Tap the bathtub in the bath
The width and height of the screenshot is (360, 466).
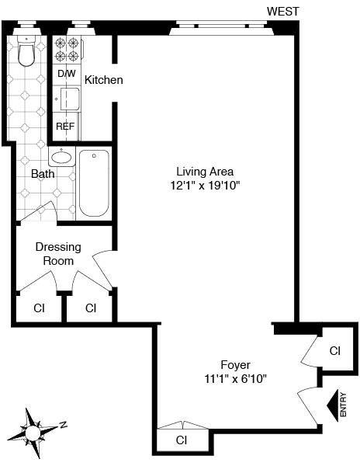pyautogui.click(x=94, y=183)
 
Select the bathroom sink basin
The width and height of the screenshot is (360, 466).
pyautogui.click(x=61, y=157)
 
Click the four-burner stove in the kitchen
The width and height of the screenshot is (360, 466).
pyautogui.click(x=67, y=50)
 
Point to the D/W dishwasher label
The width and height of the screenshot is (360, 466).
pyautogui.click(x=67, y=74)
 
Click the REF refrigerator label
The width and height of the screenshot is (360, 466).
pyautogui.click(x=65, y=127)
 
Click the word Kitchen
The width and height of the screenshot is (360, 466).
pyautogui.click(x=104, y=80)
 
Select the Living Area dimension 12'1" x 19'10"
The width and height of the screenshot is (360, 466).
pyautogui.click(x=205, y=186)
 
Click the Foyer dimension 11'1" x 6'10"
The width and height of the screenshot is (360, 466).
pyautogui.click(x=236, y=379)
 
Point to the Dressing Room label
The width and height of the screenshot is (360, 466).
pyautogui.click(x=58, y=254)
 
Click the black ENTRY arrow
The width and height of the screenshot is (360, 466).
pyautogui.click(x=333, y=405)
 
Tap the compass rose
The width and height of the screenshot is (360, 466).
pyautogui.click(x=33, y=433)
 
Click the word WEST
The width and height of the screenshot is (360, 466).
pyautogui.click(x=283, y=12)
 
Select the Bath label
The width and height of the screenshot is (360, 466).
pyautogui.click(x=43, y=174)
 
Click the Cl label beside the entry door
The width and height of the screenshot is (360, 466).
pyautogui.click(x=334, y=351)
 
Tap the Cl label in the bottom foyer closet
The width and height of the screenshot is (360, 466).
pyautogui.click(x=181, y=440)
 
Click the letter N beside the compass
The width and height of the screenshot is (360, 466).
pyautogui.click(x=63, y=425)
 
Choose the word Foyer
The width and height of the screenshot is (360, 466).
pyautogui.click(x=236, y=365)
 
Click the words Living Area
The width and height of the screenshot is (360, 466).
pyautogui.click(x=205, y=172)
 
